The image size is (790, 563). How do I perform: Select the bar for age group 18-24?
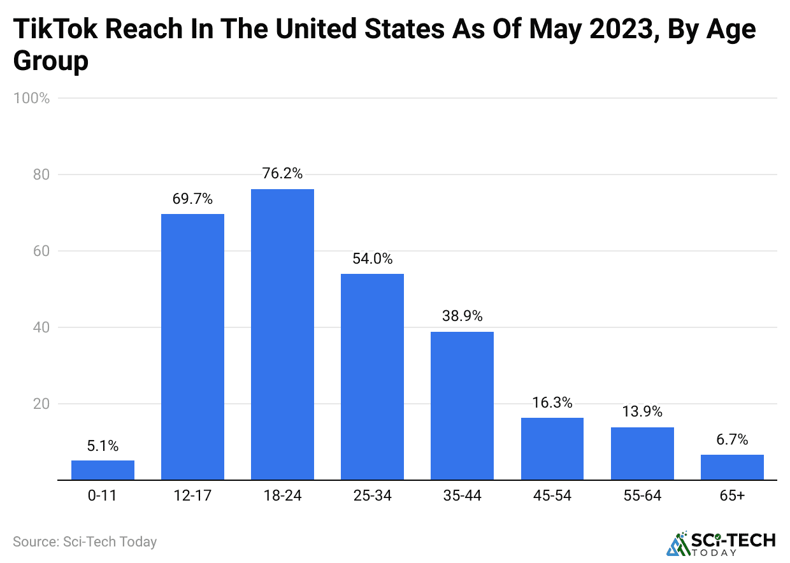click(282, 334)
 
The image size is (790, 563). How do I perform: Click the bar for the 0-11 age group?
click(103, 470)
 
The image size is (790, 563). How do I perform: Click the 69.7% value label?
click(192, 198)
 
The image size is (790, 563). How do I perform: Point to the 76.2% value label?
click(282, 173)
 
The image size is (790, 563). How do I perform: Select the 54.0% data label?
click(372, 259)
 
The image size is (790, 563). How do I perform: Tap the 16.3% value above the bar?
click(552, 403)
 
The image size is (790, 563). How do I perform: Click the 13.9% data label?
click(642, 411)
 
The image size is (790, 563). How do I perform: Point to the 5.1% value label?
click(103, 446)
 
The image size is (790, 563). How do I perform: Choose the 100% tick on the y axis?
click(31, 98)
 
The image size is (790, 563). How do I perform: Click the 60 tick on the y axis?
click(41, 251)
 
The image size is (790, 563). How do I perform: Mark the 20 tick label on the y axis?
click(41, 404)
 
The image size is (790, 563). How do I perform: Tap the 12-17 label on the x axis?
click(192, 495)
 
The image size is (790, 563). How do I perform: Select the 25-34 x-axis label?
click(372, 495)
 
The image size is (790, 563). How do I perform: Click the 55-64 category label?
click(642, 495)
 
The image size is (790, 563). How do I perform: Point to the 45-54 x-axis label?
click(552, 495)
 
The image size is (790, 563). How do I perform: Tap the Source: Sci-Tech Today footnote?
click(85, 542)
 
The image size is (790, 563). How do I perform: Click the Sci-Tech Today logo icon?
click(679, 543)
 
